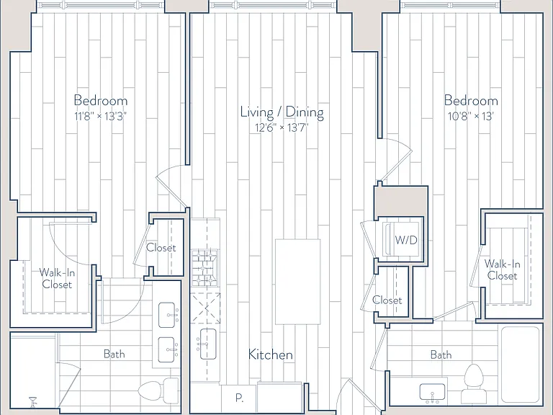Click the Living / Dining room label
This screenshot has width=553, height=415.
282,112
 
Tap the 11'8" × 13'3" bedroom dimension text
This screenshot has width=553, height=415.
101,116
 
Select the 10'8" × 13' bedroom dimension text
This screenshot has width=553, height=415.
470,116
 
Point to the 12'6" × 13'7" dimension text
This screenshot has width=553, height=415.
282,128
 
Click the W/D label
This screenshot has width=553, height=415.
406,241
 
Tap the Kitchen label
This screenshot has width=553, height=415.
271,354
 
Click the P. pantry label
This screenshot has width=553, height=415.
240,398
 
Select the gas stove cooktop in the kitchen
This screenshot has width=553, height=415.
204,268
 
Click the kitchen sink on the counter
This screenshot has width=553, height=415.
207,344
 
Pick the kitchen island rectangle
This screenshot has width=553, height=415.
297,282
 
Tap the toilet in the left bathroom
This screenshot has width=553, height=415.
158,391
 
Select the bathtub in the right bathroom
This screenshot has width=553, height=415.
521,365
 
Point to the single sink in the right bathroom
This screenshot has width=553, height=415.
432,393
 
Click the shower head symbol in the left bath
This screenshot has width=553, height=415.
33,401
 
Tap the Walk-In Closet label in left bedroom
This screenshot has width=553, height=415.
57,278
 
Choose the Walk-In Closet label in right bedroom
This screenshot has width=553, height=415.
502,269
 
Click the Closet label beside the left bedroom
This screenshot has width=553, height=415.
161,248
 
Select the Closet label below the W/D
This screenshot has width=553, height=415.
387,300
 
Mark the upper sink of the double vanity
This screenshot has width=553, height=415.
166,315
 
